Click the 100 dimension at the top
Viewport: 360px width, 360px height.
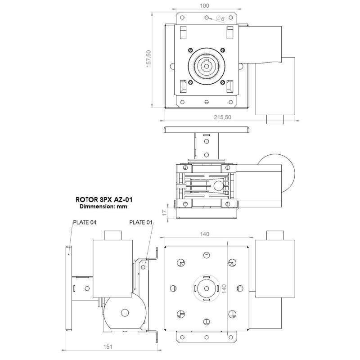point(205,5)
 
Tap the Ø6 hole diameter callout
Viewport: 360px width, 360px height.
point(220,18)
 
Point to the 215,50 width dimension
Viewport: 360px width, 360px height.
point(222,117)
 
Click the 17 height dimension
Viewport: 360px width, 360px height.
point(165,211)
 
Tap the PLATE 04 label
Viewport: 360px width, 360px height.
point(84,222)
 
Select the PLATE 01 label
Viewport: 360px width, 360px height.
point(141,222)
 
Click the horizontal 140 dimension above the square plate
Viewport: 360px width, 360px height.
point(205,234)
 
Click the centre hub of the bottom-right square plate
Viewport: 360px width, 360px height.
point(207,288)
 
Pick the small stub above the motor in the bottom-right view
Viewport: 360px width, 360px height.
point(274,236)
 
